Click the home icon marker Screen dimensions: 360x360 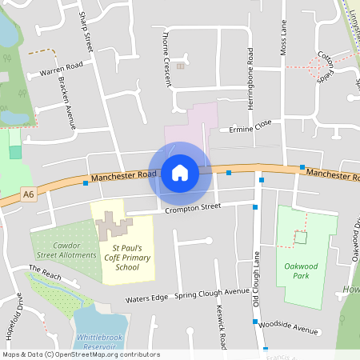point(180,172)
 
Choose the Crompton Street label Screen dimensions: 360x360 point(192,207)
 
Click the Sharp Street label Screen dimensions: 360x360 point(86,32)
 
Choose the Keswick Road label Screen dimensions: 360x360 point(222,326)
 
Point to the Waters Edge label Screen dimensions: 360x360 point(146,298)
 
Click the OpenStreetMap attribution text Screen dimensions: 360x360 point(82,354)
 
